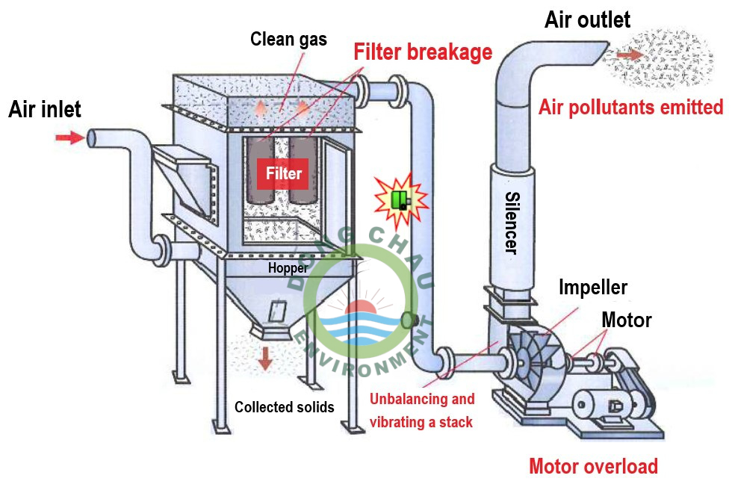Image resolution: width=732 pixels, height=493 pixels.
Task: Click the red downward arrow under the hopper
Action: (x=265, y=359)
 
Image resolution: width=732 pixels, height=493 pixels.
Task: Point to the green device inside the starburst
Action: (x=401, y=199)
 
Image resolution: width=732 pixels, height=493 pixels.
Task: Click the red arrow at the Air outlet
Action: (x=629, y=55)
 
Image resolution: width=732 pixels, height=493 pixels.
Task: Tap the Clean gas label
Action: (x=288, y=39)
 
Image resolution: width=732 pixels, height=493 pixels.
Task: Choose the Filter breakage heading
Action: (x=423, y=52)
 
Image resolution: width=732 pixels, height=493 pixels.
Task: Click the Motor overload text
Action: (x=593, y=467)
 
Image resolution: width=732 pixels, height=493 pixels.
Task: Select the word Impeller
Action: (x=593, y=288)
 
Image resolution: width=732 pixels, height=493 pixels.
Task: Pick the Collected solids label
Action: (x=284, y=407)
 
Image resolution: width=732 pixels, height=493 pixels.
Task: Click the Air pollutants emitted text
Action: (x=630, y=108)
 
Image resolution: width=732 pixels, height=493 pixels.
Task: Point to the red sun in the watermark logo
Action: (x=362, y=308)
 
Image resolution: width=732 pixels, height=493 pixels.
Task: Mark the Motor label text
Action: (x=627, y=320)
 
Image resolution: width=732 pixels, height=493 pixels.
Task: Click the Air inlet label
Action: (x=45, y=110)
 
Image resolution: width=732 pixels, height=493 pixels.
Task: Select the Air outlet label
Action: (x=587, y=19)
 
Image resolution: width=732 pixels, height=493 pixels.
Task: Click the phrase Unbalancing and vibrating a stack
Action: (x=422, y=411)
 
